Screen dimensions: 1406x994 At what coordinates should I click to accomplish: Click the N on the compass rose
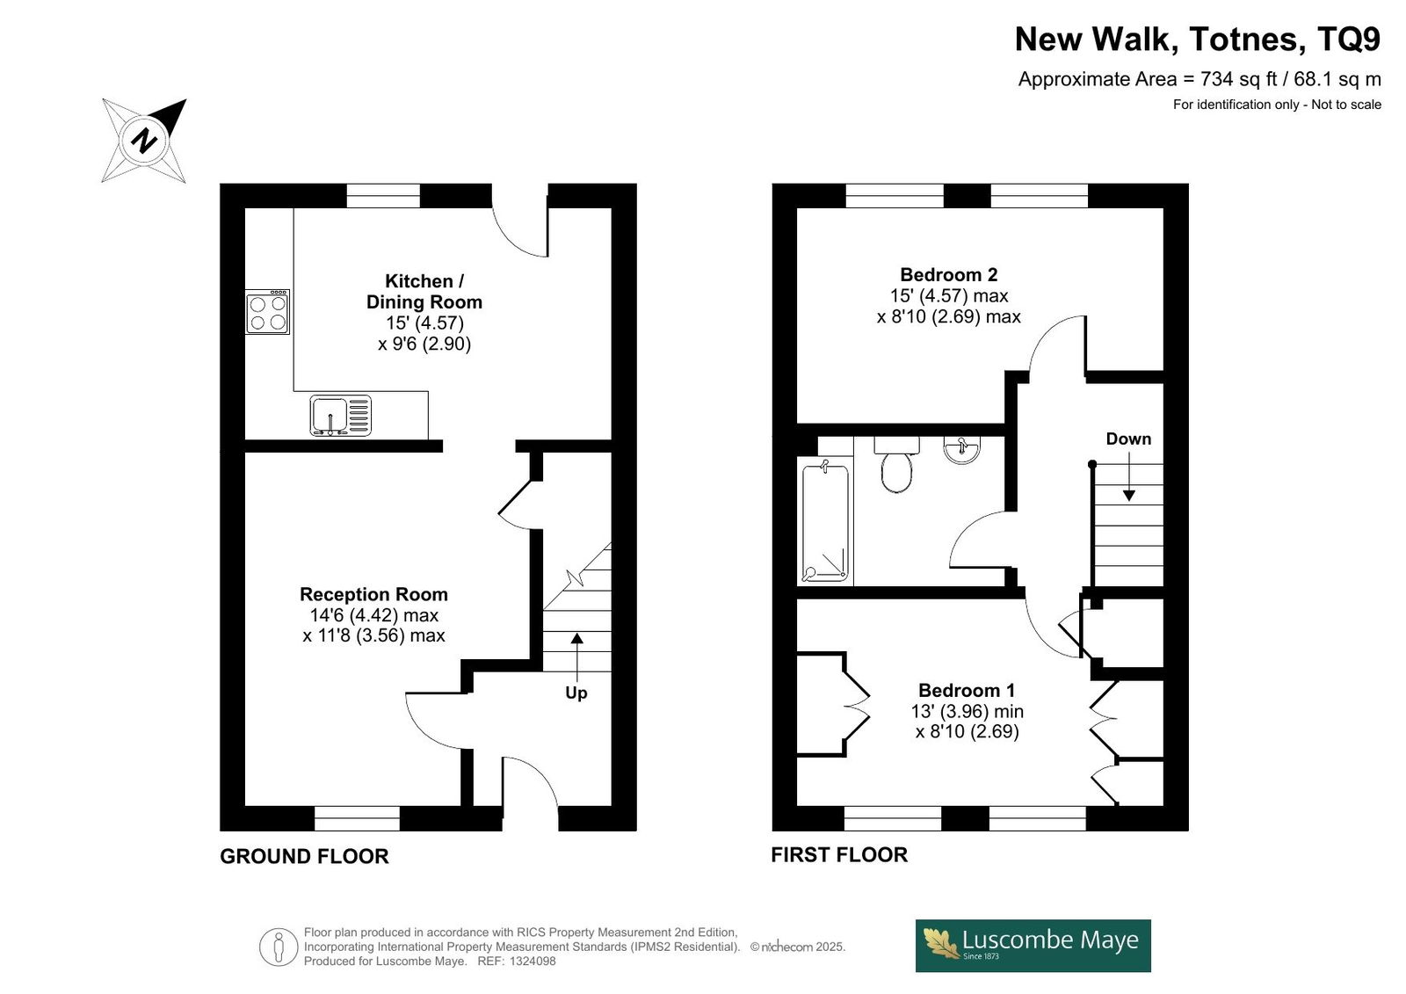pos(144,141)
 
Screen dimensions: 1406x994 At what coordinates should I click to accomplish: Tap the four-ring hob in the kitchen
pos(267,311)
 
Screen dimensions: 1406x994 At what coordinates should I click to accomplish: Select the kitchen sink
pos(340,415)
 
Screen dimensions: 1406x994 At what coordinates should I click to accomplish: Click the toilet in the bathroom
pos(897,465)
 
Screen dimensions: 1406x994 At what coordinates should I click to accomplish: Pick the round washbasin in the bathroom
pos(961,450)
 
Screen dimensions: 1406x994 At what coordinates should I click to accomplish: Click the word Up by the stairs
pos(576,693)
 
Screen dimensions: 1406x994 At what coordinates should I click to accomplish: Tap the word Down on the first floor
pos(1128,439)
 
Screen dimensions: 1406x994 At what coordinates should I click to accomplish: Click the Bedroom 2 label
pos(948,274)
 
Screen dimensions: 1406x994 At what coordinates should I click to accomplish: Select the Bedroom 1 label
pos(967,690)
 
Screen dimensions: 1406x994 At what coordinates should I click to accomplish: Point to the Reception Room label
pos(373,594)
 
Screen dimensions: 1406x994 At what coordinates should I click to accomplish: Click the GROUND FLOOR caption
pos(304,857)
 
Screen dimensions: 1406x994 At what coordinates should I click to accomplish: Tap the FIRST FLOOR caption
pos(839,854)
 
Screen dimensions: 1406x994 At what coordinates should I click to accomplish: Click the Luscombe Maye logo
pos(1033,946)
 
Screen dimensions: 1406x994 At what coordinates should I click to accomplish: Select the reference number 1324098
pos(533,961)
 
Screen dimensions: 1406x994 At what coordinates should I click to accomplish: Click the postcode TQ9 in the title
pos(1349,39)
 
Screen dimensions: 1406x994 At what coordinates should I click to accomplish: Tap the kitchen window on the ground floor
pos(383,195)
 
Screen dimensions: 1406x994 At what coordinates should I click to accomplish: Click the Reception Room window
pos(357,818)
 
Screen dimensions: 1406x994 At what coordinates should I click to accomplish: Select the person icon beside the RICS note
pos(278,947)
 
